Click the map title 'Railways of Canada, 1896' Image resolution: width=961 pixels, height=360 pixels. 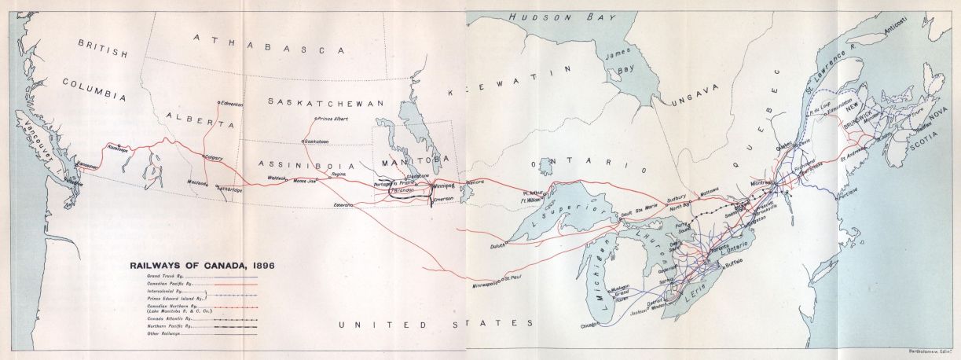pyautogui.click(x=203, y=265)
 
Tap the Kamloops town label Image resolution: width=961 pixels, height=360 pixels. pyautogui.click(x=116, y=149)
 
